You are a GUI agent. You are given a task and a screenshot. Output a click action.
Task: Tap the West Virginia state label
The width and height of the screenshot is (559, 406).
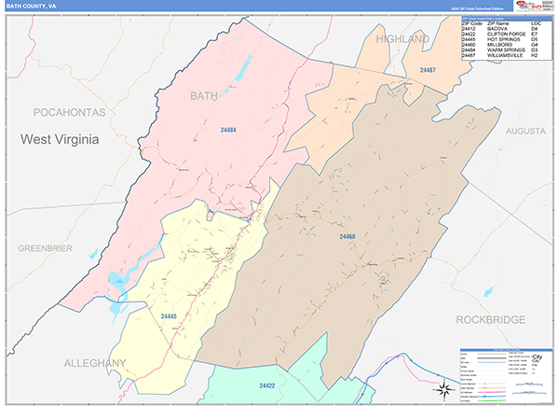[66, 139]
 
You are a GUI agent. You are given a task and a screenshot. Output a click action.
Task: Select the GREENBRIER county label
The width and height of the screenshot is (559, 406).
[46, 247]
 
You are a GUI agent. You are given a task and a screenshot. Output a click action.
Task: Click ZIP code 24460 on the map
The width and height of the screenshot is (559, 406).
[347, 236]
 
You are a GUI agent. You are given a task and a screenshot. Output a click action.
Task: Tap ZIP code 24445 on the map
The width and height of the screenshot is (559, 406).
[169, 317]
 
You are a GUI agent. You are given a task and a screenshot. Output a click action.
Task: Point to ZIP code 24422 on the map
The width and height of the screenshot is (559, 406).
[267, 385]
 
